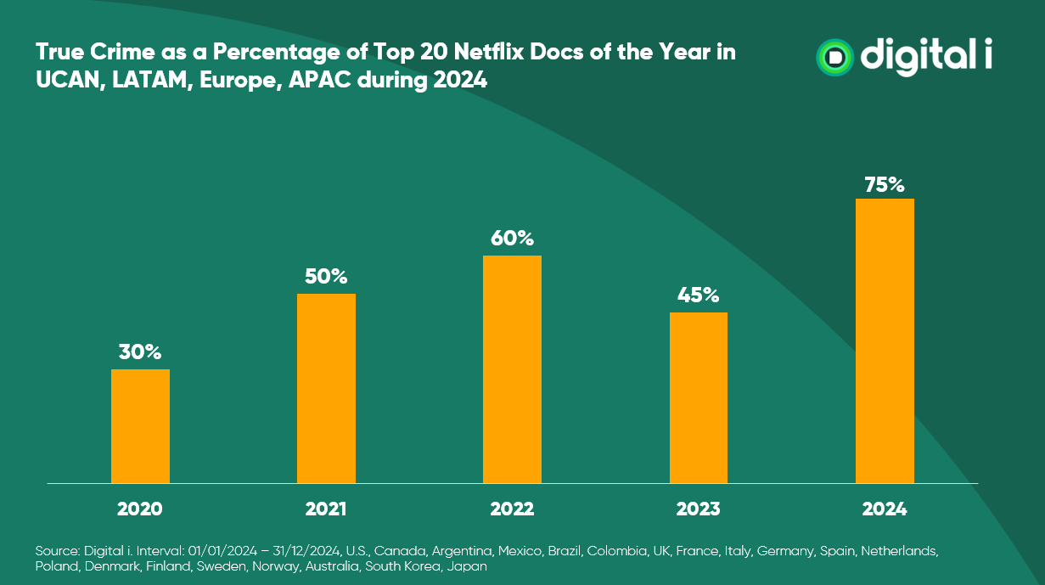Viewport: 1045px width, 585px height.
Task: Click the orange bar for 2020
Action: click(x=140, y=426)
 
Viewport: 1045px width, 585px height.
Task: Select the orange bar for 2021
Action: click(x=326, y=388)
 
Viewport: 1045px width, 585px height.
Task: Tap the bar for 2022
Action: click(x=512, y=369)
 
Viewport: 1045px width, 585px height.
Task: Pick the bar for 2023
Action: click(x=698, y=397)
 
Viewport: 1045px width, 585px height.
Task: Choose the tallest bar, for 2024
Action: click(x=885, y=340)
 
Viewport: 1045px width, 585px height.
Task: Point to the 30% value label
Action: click(x=140, y=352)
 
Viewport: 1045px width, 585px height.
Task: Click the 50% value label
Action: click(x=326, y=276)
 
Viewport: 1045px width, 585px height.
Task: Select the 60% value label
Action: click(x=512, y=238)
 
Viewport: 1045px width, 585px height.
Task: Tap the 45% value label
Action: click(x=698, y=295)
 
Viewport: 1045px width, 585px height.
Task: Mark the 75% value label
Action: click(x=885, y=183)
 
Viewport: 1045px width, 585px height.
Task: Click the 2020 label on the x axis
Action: click(x=140, y=509)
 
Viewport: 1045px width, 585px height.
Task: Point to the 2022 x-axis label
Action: click(x=512, y=509)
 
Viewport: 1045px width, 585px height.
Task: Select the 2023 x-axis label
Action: click(x=698, y=509)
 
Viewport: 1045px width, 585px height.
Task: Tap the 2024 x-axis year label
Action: click(x=885, y=509)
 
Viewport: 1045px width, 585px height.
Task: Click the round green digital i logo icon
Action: click(x=835, y=57)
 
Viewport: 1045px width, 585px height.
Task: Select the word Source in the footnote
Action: click(x=54, y=551)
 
